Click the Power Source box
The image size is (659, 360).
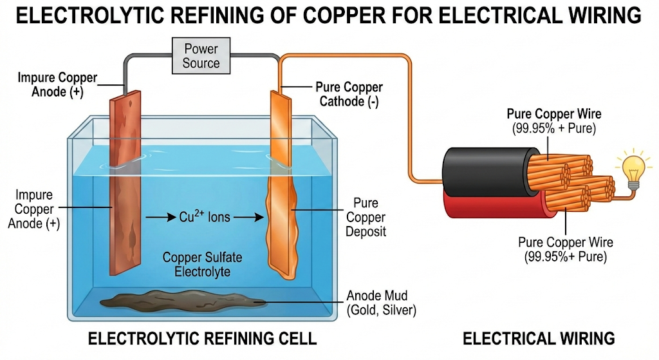pyautogui.click(x=201, y=55)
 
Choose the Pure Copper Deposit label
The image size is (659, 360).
pyautogui.click(x=366, y=217)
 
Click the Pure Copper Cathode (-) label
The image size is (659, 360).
pyautogui.click(x=349, y=94)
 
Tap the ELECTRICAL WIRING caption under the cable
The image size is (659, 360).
pyautogui.click(x=539, y=339)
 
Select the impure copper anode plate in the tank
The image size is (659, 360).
pyautogui.click(x=125, y=193)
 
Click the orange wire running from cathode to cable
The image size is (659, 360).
pyautogui.click(x=409, y=116)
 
